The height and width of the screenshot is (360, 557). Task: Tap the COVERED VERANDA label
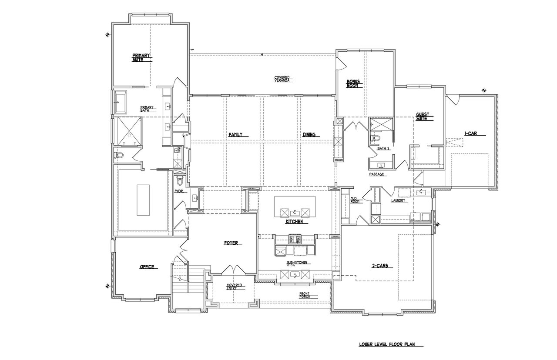(x=282, y=79)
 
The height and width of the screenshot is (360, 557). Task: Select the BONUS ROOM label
(x=352, y=83)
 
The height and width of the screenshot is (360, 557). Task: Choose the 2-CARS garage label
(x=379, y=266)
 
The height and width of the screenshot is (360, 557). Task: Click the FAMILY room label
(x=235, y=135)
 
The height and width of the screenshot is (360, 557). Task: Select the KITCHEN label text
(x=294, y=222)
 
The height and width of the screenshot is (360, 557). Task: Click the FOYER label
(x=231, y=243)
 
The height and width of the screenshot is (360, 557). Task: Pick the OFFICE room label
(x=147, y=267)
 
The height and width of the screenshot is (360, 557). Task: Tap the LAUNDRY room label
(x=398, y=200)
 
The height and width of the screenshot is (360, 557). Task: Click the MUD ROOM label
(x=354, y=200)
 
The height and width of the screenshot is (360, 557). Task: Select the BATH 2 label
(x=383, y=149)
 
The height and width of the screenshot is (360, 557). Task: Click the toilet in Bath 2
(x=375, y=138)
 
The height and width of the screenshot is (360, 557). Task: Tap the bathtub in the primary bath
(x=121, y=103)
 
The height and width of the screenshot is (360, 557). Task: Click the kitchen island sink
(x=295, y=212)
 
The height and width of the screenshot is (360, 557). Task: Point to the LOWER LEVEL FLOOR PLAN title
(x=385, y=344)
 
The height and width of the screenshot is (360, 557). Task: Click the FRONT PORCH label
(x=304, y=295)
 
